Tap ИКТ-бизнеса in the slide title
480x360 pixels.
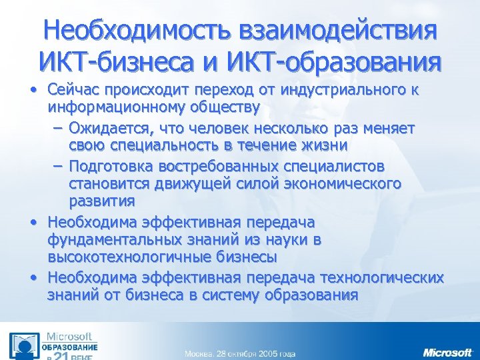point(119,62)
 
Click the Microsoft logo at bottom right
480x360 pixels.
point(447,351)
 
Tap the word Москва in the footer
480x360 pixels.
point(199,353)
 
